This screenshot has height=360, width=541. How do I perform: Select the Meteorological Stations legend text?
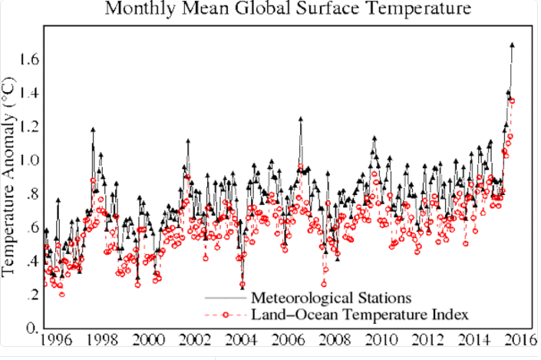(x=333, y=297)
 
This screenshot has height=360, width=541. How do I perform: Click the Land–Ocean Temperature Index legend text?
(x=360, y=314)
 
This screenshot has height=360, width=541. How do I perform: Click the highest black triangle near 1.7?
(x=512, y=45)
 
